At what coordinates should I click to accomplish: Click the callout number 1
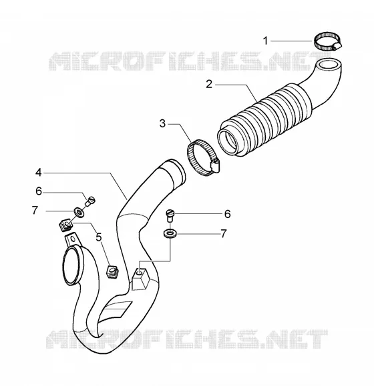pos(265,41)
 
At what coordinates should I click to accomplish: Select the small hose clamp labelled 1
pos(327,42)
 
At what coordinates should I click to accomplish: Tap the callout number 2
pos(209,84)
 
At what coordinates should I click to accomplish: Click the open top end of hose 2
pos(328,65)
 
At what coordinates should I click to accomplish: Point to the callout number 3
pos(162,123)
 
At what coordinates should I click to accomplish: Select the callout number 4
pos(39,173)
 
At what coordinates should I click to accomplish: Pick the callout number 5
pos(99,237)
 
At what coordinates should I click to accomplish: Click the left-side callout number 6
pos(39,191)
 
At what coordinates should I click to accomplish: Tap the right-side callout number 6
pos(227,214)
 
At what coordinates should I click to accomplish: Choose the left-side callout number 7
pos(35,210)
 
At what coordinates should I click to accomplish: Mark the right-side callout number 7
pos(223,233)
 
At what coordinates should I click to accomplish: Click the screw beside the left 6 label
pos(90,201)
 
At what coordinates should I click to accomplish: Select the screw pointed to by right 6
pos(170,215)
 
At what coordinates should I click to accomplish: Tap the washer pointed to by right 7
pos(170,233)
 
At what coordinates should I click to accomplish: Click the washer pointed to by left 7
pos(79,212)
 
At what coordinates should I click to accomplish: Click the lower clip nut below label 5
pos(112,271)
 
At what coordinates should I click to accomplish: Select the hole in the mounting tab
pos(73,239)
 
